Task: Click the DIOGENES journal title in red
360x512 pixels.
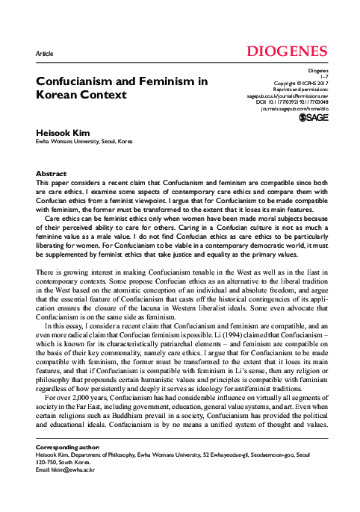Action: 282,51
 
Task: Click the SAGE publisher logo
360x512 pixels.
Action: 313,117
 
